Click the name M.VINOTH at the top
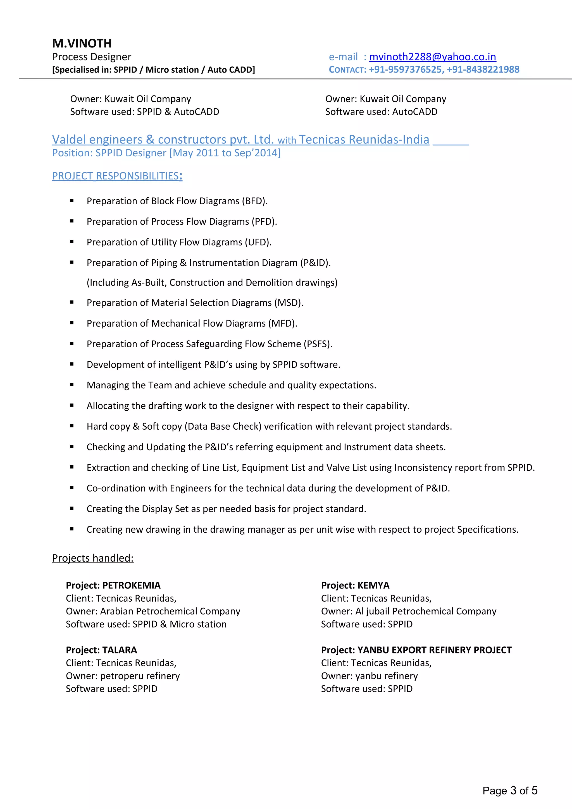point(82,43)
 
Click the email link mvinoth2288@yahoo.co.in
point(432,57)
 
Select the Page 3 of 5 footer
point(510,790)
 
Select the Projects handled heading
point(93,558)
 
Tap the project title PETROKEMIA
point(131,585)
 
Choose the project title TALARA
point(120,650)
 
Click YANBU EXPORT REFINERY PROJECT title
point(434,650)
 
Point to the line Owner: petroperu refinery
point(123,676)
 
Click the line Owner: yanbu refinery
point(369,676)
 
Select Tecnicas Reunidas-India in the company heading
point(364,140)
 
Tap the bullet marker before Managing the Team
point(72,385)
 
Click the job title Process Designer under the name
point(92,57)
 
